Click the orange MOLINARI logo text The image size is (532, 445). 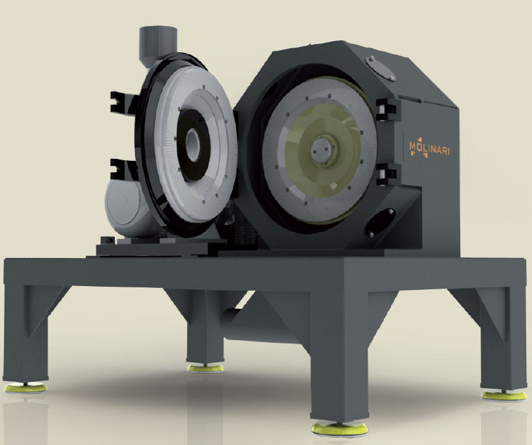click(430, 148)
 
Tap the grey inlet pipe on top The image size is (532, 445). click(158, 44)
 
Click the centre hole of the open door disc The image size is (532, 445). click(193, 145)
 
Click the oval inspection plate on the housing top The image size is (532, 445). click(381, 68)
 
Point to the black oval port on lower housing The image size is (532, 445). click(379, 223)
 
